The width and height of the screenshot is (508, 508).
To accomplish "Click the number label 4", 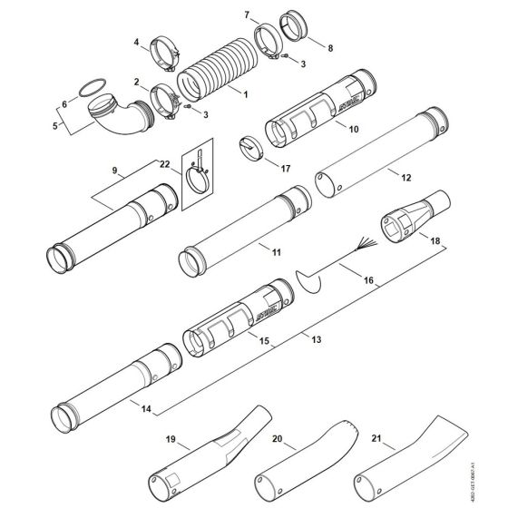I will pyautogui.click(x=137, y=43).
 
